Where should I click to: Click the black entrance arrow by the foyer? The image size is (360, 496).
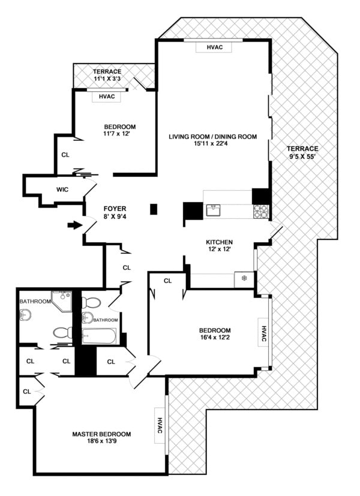click(x=73, y=226)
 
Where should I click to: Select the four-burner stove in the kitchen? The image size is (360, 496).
click(x=262, y=211)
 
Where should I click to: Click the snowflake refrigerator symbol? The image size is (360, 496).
click(x=244, y=278)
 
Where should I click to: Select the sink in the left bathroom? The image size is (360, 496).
click(x=25, y=314)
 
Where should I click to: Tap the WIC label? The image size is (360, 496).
click(x=62, y=190)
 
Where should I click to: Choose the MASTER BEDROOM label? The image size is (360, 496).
click(x=101, y=434)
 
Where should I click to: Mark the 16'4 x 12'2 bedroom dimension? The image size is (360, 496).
click(x=215, y=339)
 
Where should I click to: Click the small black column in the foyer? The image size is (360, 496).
click(x=153, y=209)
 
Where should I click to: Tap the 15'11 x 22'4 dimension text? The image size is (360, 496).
click(x=212, y=145)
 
